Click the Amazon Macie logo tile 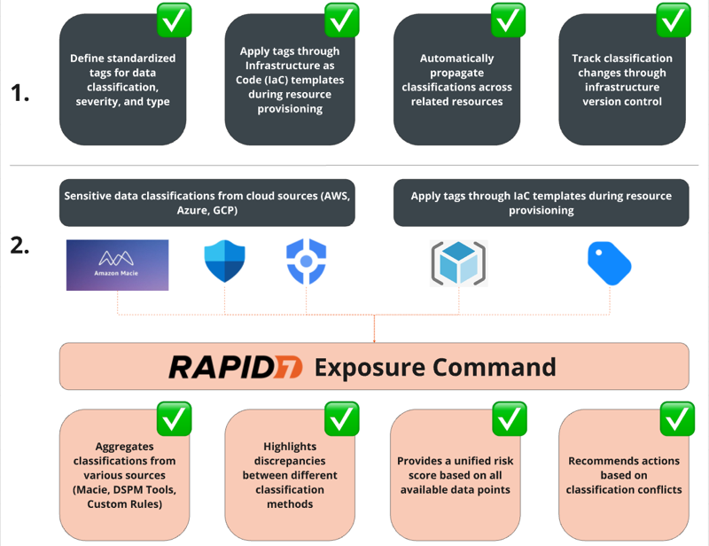[x=117, y=264]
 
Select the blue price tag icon [x=609, y=262]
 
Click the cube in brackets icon [x=457, y=262]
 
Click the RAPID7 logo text [x=235, y=366]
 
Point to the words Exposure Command [x=435, y=366]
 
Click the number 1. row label [x=22, y=93]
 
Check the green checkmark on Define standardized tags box [x=175, y=19]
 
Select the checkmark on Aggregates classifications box [x=175, y=418]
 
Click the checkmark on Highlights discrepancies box [x=342, y=418]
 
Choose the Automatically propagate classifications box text [x=456, y=80]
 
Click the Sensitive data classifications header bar [x=206, y=203]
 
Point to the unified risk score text [x=455, y=475]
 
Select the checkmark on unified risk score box [x=509, y=418]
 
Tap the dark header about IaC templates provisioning [x=541, y=203]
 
